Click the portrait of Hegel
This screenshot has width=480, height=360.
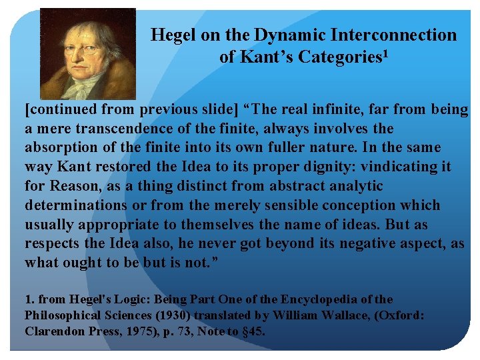(x=87, y=53)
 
